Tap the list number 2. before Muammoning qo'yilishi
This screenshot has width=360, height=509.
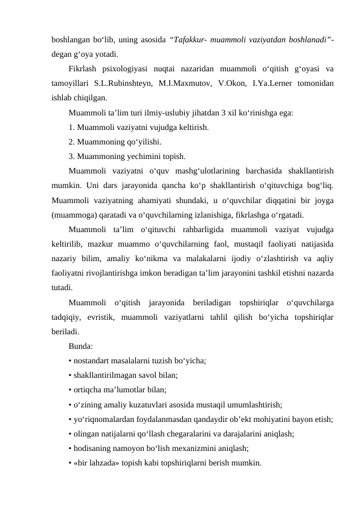(72, 142)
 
